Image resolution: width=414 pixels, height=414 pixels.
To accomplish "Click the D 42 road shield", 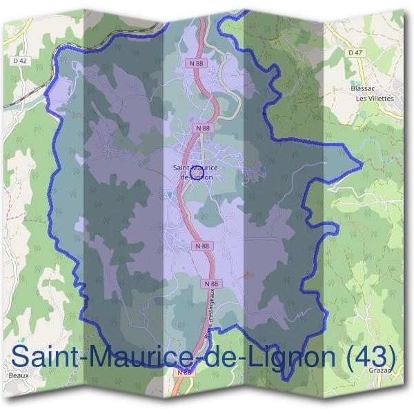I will pyautogui.click(x=19, y=60).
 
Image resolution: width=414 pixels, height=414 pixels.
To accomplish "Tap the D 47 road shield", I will pyautogui.click(x=355, y=52).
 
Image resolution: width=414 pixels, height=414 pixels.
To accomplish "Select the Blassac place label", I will pyautogui.click(x=362, y=89).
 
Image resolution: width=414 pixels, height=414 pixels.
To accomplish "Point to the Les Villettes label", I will pyautogui.click(x=374, y=99).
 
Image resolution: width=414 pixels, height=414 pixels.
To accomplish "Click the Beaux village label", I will pyautogui.click(x=19, y=375).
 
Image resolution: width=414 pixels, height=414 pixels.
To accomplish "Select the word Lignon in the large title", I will pyautogui.click(x=290, y=357).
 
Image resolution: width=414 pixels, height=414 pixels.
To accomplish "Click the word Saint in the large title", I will pyautogui.click(x=44, y=357).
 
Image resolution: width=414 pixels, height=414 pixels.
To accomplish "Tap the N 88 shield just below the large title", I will pyautogui.click(x=184, y=373).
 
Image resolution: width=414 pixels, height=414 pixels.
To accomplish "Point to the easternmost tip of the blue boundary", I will pyautogui.click(x=362, y=166).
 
